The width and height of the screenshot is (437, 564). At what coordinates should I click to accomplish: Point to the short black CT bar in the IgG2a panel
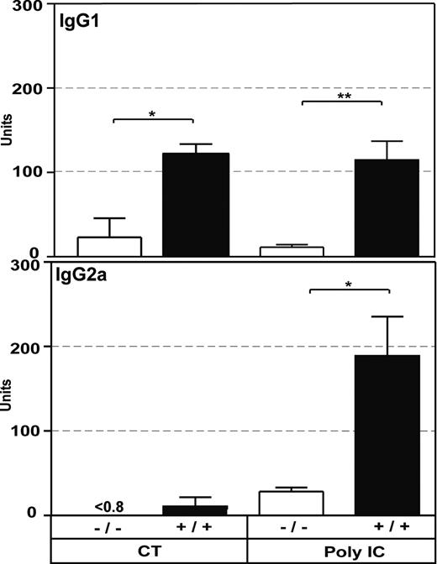click(195, 509)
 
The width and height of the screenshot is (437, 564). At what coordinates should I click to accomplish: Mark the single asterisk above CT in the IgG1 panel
click(152, 112)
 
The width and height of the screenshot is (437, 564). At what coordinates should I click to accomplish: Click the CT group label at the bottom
click(151, 551)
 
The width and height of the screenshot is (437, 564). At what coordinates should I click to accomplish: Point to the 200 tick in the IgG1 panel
click(25, 87)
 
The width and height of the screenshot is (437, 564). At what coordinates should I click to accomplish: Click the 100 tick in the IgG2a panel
click(25, 431)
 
